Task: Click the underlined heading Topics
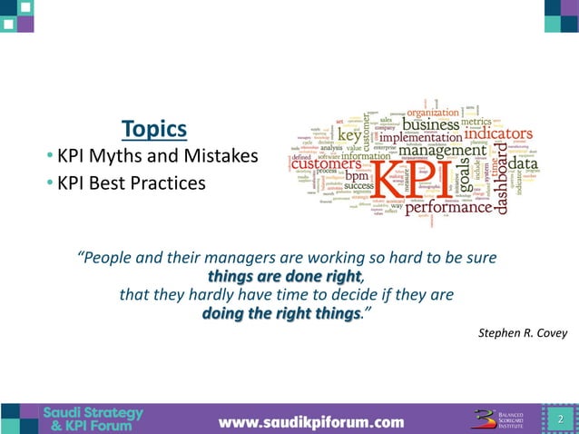pyautogui.click(x=154, y=129)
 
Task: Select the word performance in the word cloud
pyautogui.click(x=449, y=209)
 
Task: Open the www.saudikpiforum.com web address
pyautogui.click(x=310, y=421)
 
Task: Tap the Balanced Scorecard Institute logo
pyautogui.click(x=502, y=419)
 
